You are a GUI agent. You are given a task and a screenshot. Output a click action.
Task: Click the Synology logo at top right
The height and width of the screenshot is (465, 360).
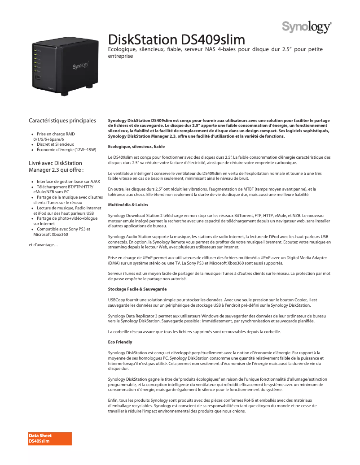point(307,27)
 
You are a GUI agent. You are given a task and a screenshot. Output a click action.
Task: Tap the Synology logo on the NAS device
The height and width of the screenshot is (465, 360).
point(81,65)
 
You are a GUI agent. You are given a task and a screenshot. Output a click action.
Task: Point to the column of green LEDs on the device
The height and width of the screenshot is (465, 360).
point(35,61)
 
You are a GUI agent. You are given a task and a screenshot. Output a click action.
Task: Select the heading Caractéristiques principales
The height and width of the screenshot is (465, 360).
point(62,121)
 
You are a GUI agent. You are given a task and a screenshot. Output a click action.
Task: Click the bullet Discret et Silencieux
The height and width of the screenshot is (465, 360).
point(55,144)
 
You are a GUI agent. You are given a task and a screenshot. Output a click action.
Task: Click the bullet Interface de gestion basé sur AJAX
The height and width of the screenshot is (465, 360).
point(68,182)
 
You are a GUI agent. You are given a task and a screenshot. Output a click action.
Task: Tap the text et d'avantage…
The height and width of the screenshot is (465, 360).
point(43,244)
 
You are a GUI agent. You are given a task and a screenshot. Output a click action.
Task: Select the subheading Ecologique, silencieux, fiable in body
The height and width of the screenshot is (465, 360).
point(130,147)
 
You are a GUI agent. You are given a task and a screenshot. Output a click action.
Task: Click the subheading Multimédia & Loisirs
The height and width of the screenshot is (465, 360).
point(128,204)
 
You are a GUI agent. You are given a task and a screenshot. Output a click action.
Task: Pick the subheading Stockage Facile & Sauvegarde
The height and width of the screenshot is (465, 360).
point(137,289)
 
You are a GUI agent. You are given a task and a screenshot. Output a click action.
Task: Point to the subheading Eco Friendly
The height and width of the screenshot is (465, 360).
point(120,342)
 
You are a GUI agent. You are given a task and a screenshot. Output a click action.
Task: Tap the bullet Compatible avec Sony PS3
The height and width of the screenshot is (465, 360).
point(63,229)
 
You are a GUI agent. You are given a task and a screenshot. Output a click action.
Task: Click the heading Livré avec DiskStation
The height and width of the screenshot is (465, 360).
point(55,163)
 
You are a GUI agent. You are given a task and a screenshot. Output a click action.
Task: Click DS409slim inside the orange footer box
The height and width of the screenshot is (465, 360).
point(40,442)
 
